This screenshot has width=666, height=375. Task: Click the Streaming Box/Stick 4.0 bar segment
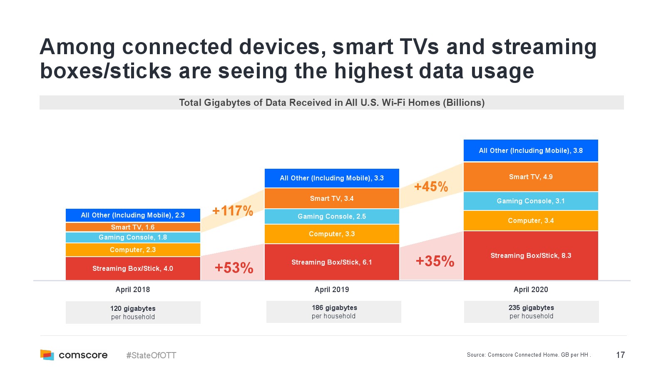coord(133,268)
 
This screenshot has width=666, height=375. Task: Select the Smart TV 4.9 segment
coord(531,177)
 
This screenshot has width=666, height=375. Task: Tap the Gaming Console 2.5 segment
coord(332,216)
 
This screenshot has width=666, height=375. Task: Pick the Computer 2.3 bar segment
coord(133,250)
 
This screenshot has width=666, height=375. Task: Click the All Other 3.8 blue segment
coord(531,150)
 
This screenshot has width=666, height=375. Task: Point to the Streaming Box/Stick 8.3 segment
coord(531,255)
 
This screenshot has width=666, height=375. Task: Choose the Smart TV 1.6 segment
coord(133,227)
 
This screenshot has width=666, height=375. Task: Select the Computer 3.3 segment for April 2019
coord(332,234)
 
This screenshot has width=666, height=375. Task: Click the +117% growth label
coord(233,211)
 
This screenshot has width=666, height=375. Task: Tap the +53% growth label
coord(234,267)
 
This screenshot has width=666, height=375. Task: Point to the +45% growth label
coord(431,186)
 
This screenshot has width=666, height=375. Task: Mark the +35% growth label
coord(435,261)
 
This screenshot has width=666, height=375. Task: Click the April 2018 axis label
coord(133,290)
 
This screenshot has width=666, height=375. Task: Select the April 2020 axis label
coord(531,290)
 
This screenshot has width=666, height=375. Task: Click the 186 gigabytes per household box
coord(334,312)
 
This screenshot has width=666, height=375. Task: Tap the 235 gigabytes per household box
coord(532,312)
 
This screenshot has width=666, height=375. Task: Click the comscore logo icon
coord(47,355)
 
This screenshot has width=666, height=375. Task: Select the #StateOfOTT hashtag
coord(151,355)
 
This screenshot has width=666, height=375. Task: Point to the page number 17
coord(620,355)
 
